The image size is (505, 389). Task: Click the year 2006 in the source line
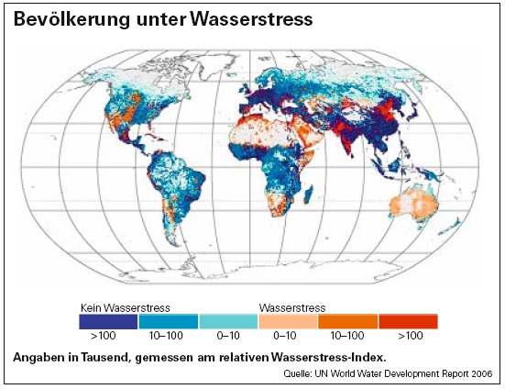pos(480,374)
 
